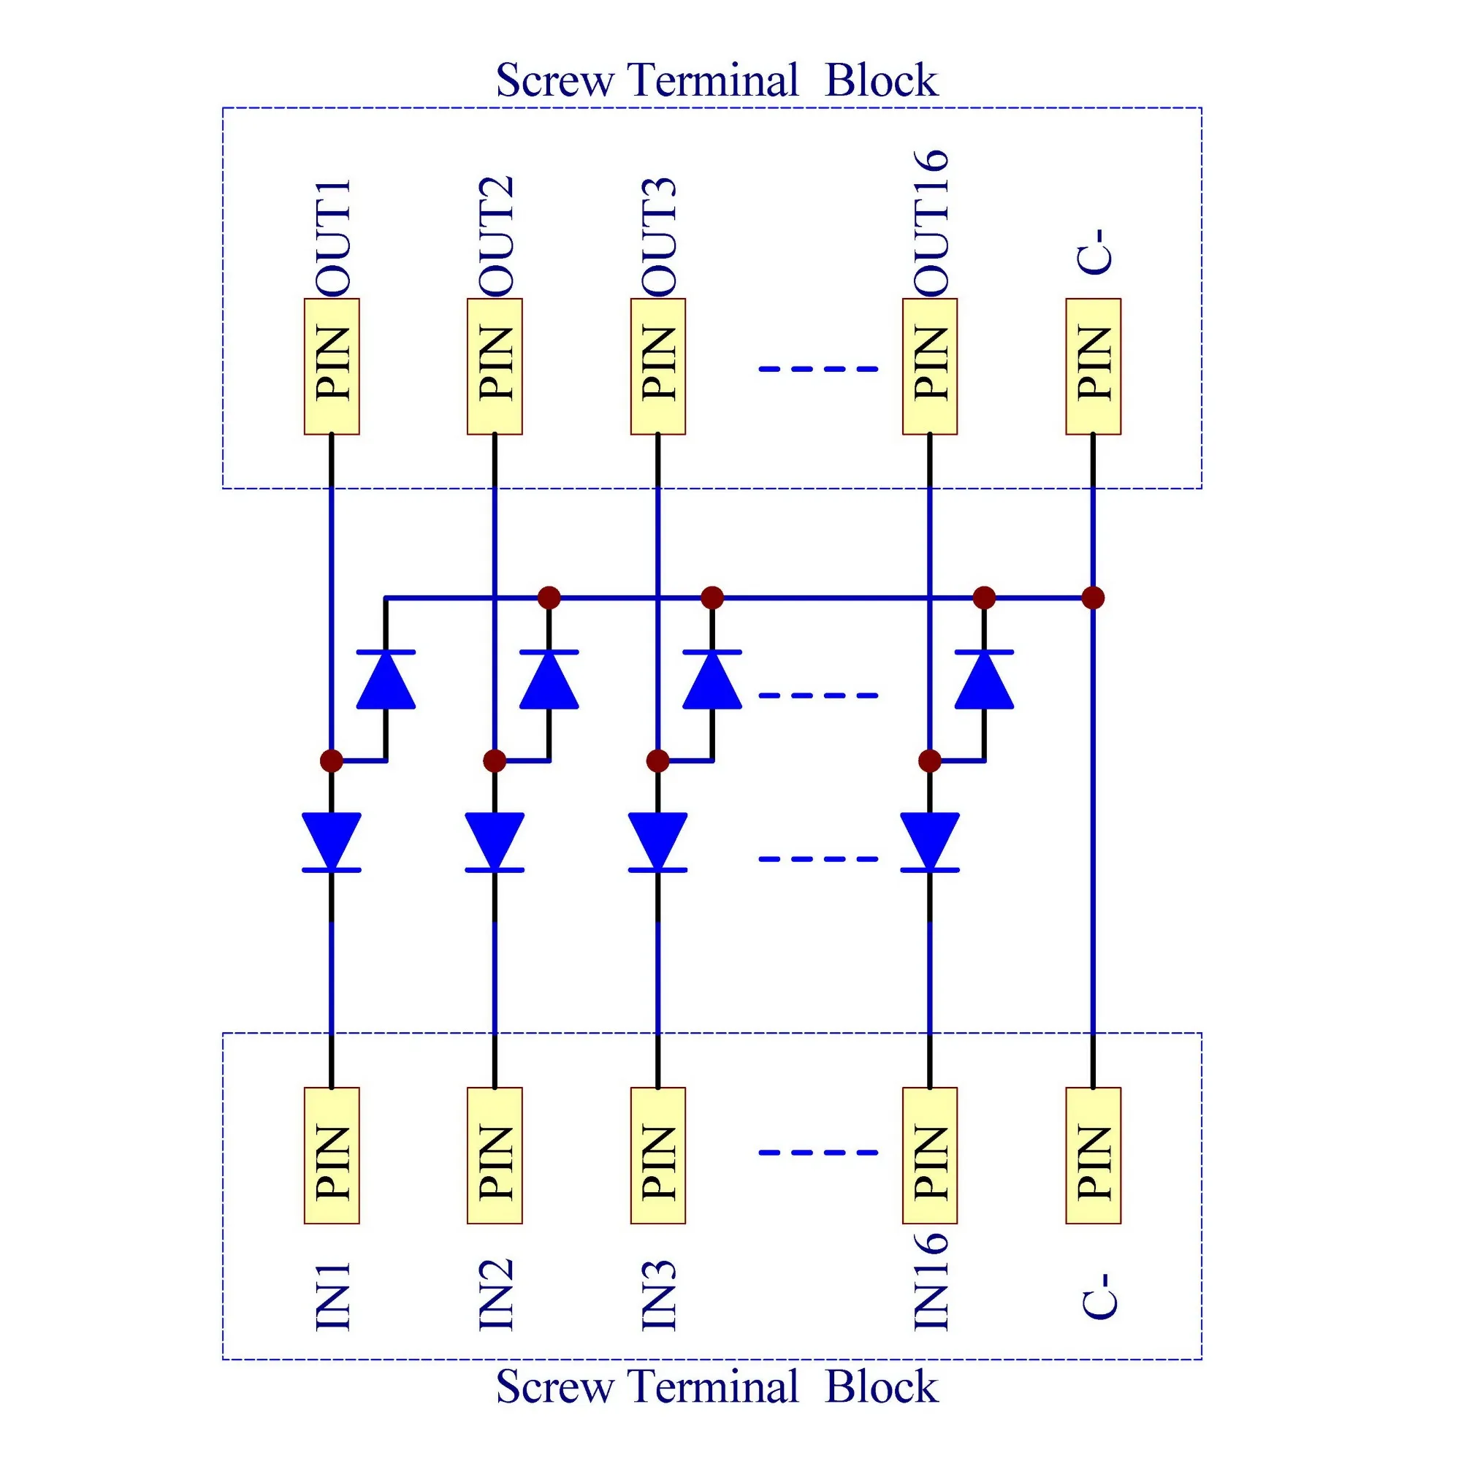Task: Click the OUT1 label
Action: coord(332,237)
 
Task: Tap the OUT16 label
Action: coord(930,222)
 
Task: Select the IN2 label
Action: coord(495,1294)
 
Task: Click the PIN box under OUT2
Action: coord(495,367)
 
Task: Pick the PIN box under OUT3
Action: coord(658,367)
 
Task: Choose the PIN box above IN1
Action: coord(332,1155)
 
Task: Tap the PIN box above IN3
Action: coord(658,1155)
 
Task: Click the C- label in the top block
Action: coord(1094,251)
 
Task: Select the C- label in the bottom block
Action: coord(1094,1296)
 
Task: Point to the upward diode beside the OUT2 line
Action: coord(549,680)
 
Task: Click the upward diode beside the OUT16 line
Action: coord(984,680)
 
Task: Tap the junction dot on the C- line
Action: coord(1093,598)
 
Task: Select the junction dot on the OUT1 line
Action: coord(331,760)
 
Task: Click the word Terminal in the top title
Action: coord(712,80)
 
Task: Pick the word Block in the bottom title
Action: coord(881,1387)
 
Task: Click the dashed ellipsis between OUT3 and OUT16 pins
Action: coord(818,369)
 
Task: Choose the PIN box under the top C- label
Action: coord(1094,367)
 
